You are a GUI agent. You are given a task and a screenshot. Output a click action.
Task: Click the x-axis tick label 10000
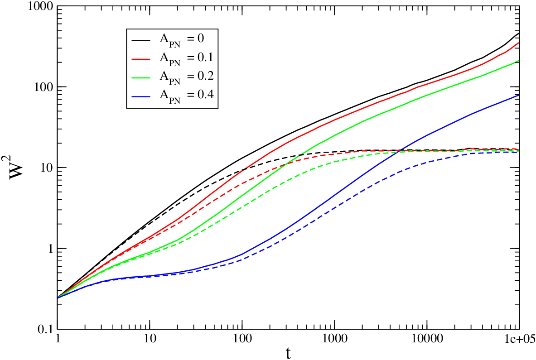[427, 339]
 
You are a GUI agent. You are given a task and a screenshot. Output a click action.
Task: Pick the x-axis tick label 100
[242, 339]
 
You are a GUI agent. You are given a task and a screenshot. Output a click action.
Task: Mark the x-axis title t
[289, 353]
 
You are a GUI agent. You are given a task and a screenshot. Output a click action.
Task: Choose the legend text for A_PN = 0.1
[187, 58]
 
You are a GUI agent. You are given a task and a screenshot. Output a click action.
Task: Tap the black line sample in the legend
[141, 40]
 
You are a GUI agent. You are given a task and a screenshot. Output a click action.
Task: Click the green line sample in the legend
[141, 77]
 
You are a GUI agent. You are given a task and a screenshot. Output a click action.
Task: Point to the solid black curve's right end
[519, 33]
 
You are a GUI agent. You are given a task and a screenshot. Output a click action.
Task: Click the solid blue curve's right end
[519, 95]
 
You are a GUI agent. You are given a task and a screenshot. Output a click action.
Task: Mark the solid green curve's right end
[519, 61]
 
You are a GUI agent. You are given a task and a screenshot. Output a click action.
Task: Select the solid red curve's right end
[519, 43]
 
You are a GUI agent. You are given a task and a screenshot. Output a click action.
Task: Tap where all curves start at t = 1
[58, 298]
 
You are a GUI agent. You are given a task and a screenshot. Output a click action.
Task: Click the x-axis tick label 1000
[334, 339]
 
